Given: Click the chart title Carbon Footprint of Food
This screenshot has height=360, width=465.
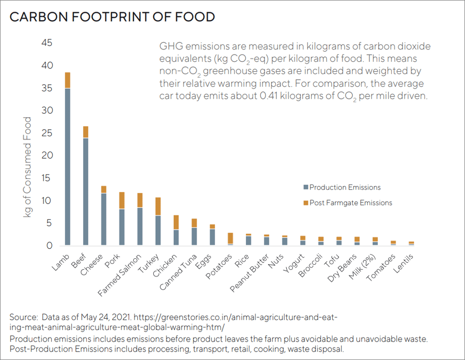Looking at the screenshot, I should pos(112,16).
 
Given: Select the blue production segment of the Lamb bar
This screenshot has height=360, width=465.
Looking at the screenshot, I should pos(67,167).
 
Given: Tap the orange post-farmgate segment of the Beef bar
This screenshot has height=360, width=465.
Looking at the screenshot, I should pos(86,132).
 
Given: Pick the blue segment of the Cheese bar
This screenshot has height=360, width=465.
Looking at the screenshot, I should pos(104,219).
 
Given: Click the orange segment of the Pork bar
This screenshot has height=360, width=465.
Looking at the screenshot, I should pos(122,200).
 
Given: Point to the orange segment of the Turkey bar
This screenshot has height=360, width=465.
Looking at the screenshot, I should pos(158,206).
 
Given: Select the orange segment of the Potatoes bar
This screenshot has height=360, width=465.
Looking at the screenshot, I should pos(230,238).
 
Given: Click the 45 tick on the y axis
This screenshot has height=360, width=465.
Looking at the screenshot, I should pos(46,43).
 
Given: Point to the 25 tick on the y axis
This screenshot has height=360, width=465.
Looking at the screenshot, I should pos(46,133).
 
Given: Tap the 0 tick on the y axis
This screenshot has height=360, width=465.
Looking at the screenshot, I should pos(49,246).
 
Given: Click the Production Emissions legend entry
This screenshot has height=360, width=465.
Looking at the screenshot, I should pos(345,187).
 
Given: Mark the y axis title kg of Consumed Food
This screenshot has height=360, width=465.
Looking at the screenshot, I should pos(28,167).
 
